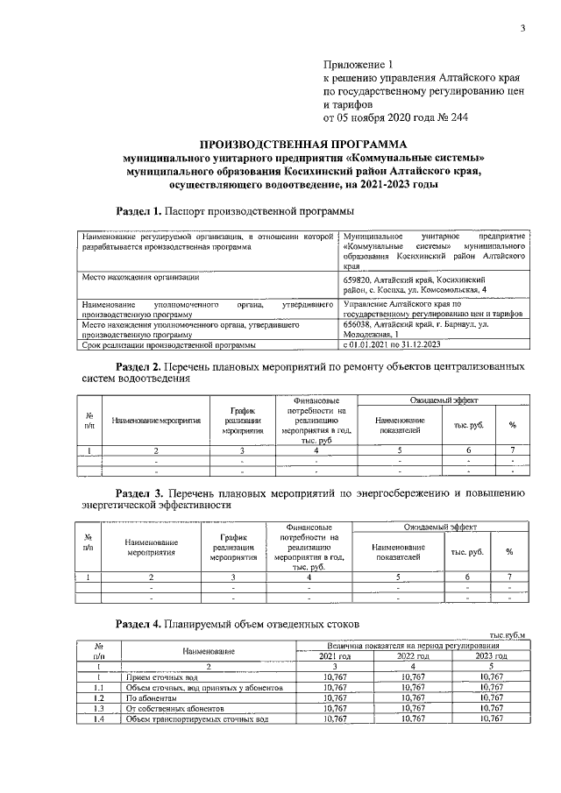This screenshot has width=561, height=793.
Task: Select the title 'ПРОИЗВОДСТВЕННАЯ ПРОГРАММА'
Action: click(x=303, y=144)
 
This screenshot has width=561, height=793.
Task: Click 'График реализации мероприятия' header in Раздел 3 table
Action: click(x=232, y=547)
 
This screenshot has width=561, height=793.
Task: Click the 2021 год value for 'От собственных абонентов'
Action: click(x=336, y=708)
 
